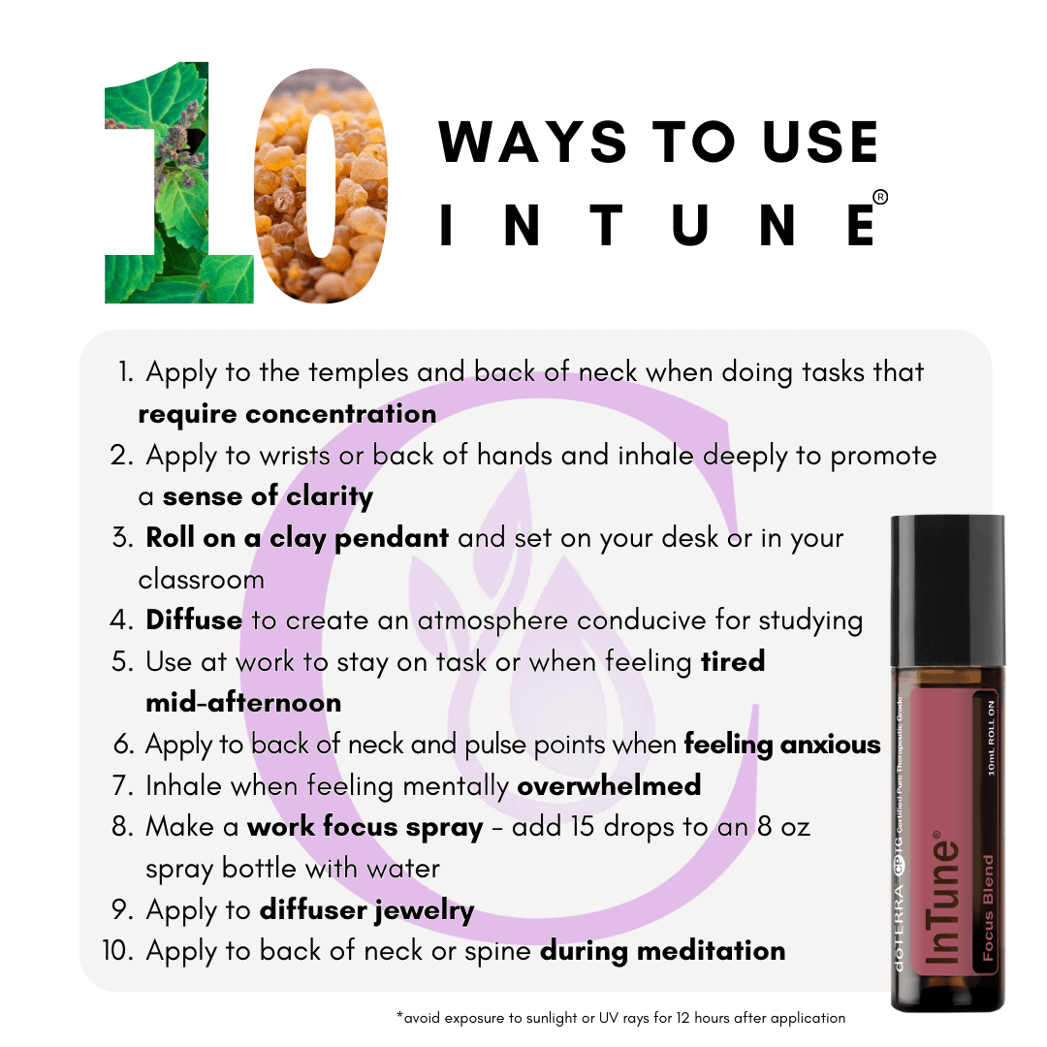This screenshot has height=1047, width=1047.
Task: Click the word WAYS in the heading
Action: coord(532,142)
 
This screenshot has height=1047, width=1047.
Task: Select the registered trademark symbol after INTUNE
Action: coord(880,197)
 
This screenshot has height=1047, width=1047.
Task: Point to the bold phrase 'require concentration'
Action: coord(287,414)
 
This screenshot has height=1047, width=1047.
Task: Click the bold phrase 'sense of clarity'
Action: coord(268,496)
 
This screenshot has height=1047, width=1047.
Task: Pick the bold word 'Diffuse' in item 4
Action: coord(194,620)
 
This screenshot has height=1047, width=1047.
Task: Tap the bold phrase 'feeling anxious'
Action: coord(782,745)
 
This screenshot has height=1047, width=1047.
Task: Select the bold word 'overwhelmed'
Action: coord(609,786)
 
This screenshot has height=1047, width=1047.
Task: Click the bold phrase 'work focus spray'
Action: coord(365,828)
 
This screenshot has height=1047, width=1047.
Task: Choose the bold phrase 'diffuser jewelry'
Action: coord(366,910)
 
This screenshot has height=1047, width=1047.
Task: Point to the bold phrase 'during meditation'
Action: coord(662,951)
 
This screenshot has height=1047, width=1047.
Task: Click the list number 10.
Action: coord(117,951)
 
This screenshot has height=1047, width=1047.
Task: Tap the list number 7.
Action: coord(123,786)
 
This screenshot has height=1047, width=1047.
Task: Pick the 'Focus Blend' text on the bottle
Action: coord(988,907)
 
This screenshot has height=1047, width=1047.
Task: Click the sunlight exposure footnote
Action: coord(621,1018)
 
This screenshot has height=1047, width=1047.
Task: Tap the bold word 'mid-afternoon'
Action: coord(243,703)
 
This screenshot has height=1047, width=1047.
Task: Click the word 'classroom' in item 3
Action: coord(201,580)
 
